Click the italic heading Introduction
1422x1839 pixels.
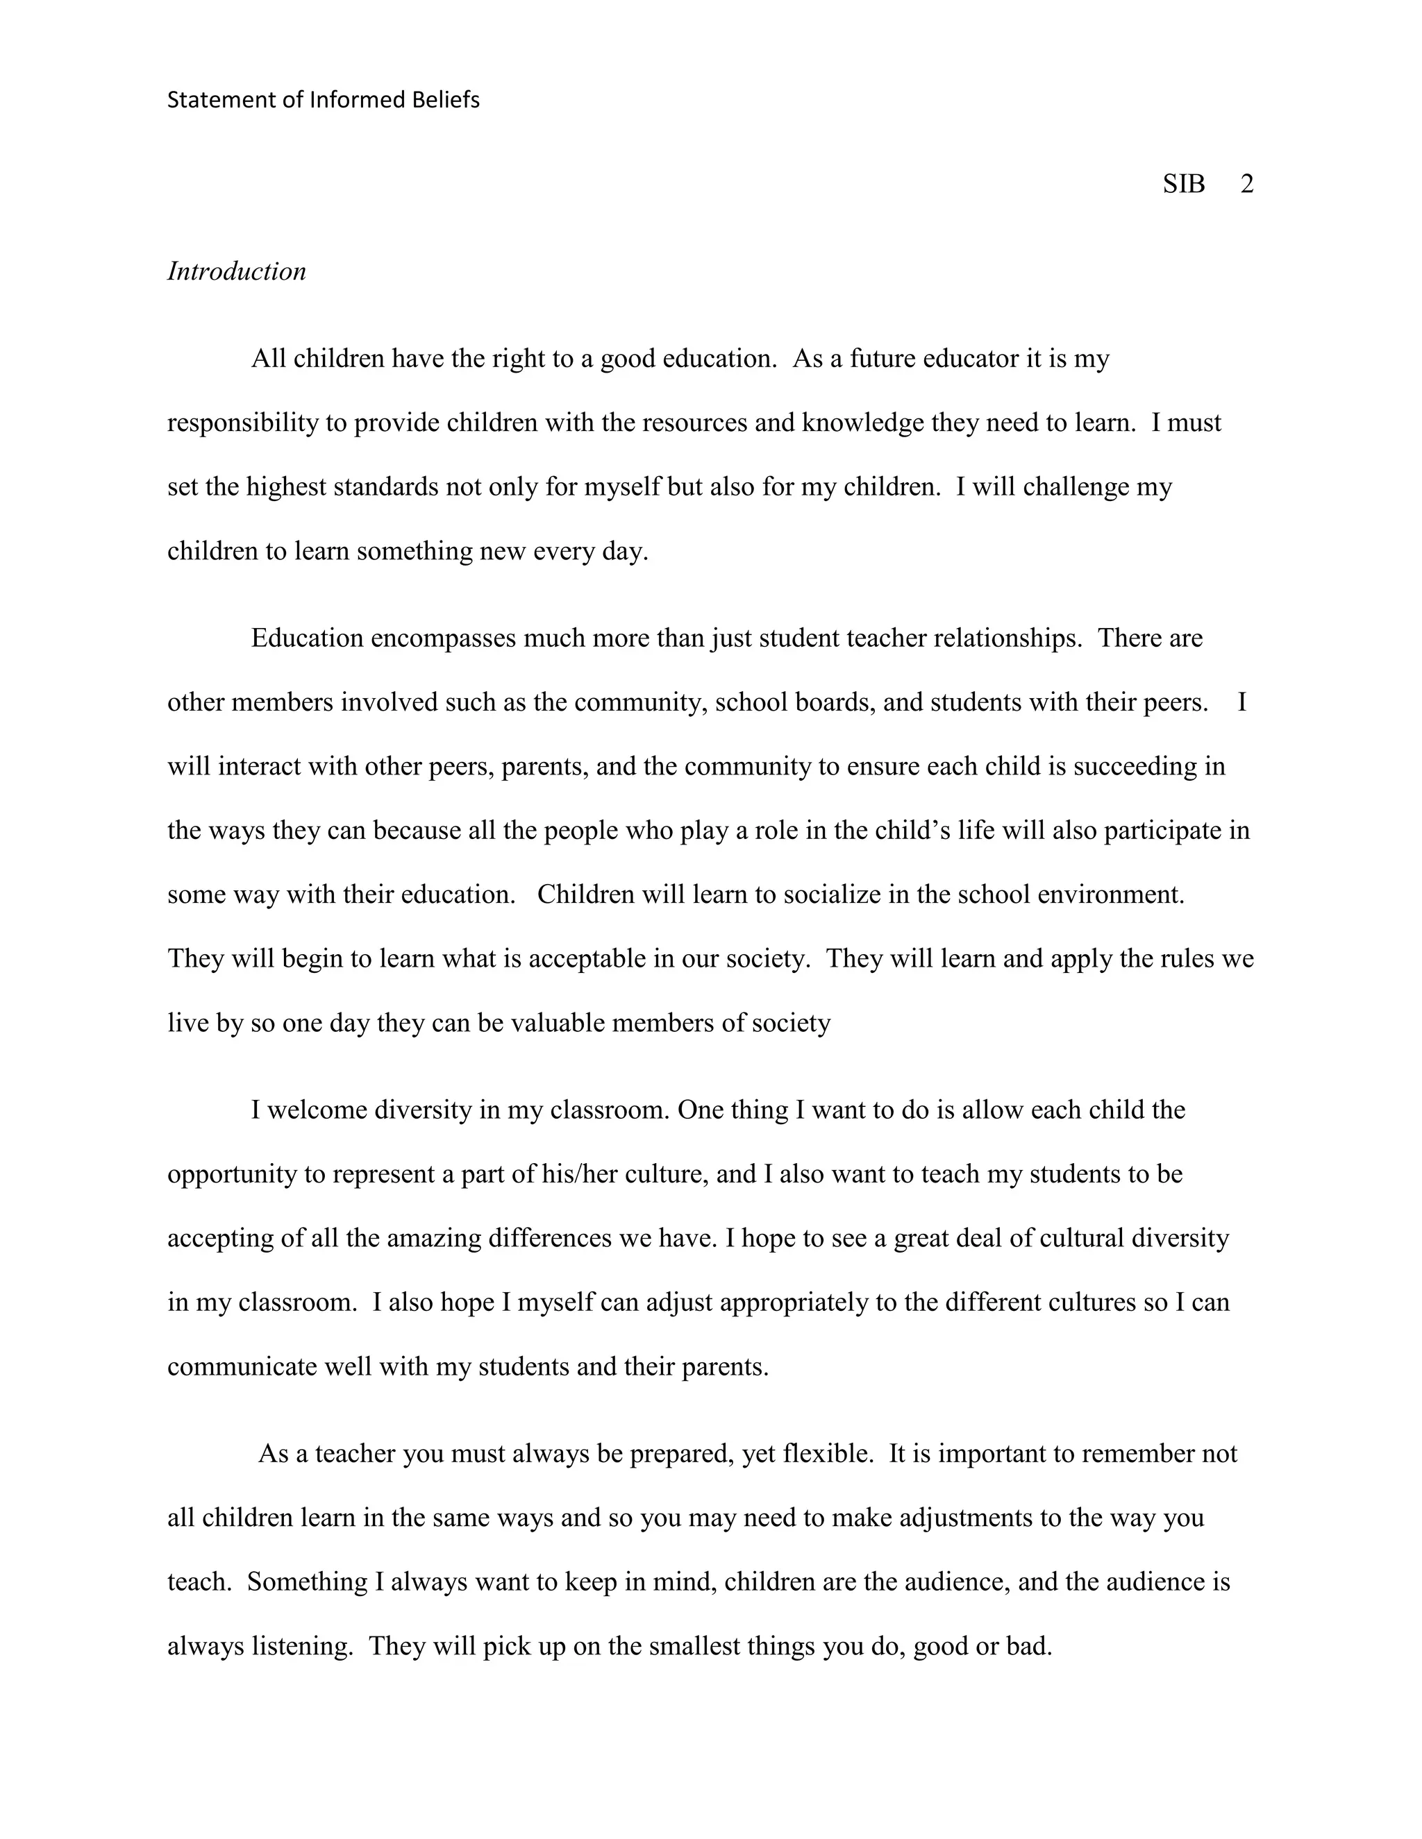point(237,271)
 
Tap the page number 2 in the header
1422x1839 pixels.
point(1247,184)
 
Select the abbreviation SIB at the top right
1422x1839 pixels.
point(1184,184)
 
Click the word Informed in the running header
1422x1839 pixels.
point(358,100)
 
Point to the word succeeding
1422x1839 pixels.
point(1113,766)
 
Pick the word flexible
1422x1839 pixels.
point(827,1453)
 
